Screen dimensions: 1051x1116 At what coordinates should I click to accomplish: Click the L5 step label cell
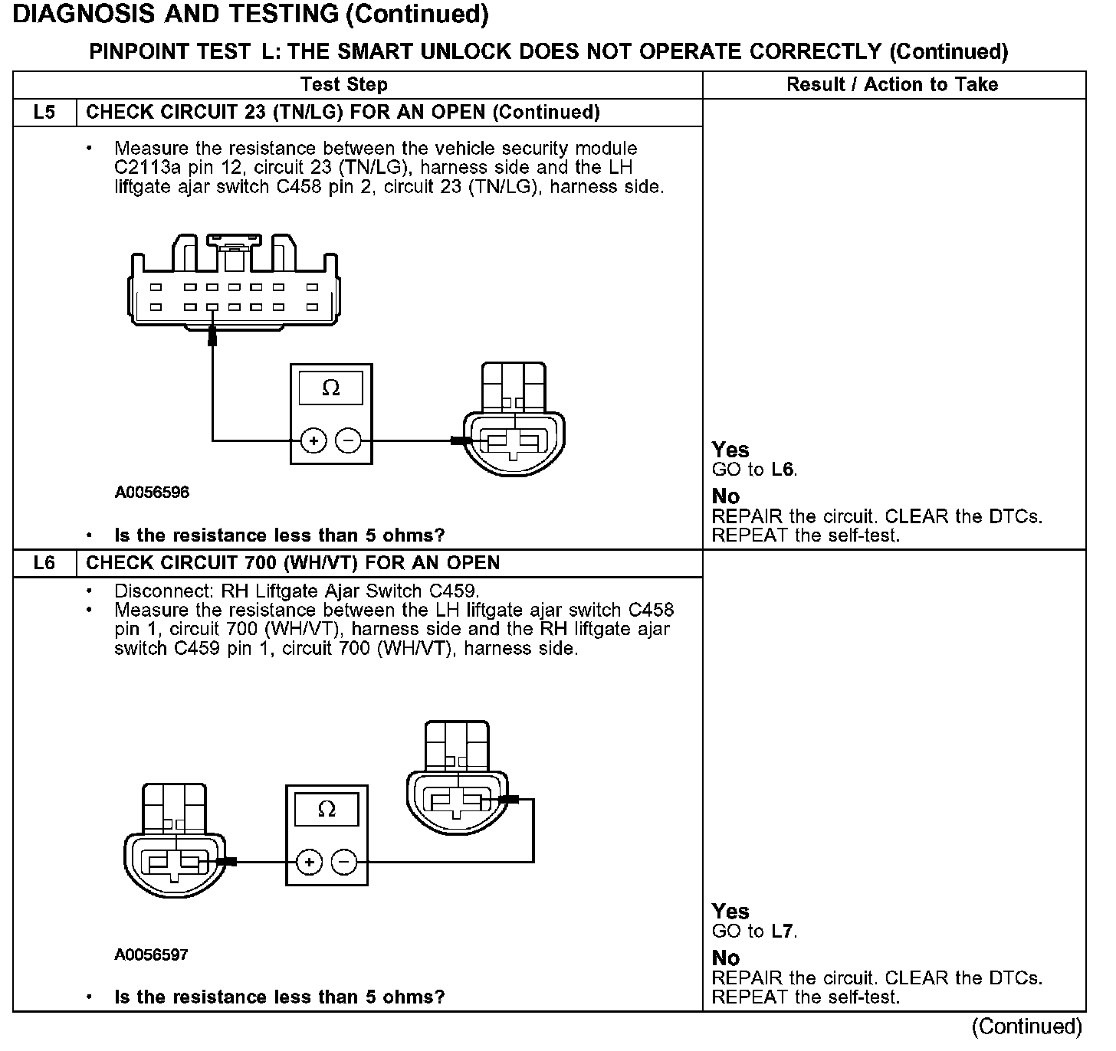click(x=44, y=113)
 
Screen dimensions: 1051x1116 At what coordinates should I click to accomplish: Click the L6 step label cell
click(x=44, y=563)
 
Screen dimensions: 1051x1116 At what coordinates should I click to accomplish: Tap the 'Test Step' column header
click(x=344, y=84)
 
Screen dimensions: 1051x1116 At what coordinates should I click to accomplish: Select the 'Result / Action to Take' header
click(x=892, y=84)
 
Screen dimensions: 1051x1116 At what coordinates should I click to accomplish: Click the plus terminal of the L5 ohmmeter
click(x=313, y=440)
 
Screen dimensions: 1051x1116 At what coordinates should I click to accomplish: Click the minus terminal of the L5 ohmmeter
click(x=349, y=440)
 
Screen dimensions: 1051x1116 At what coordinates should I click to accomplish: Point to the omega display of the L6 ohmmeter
click(x=327, y=810)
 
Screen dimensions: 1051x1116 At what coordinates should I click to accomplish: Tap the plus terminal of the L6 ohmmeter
click(x=309, y=863)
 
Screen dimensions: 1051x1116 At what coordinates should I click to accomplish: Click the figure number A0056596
click(x=152, y=492)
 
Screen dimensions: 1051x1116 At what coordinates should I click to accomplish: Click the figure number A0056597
click(x=152, y=954)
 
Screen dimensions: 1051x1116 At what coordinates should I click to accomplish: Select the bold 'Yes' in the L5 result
click(x=730, y=450)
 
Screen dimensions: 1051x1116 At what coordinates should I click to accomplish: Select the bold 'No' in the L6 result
click(x=725, y=958)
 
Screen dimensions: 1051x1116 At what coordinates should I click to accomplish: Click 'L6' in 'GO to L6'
click(x=783, y=470)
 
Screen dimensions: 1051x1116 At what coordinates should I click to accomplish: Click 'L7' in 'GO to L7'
click(x=783, y=931)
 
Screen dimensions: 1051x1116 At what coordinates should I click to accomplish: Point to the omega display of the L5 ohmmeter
click(x=331, y=388)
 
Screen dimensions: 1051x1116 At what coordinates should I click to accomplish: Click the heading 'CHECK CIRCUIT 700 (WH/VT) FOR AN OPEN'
click(x=293, y=563)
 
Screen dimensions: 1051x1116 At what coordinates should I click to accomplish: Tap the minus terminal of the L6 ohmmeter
click(x=344, y=863)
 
